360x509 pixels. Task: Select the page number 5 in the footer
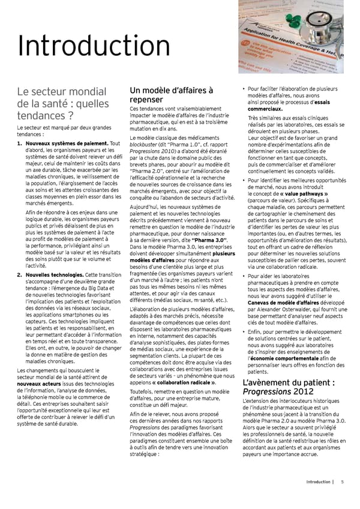point(342,481)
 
